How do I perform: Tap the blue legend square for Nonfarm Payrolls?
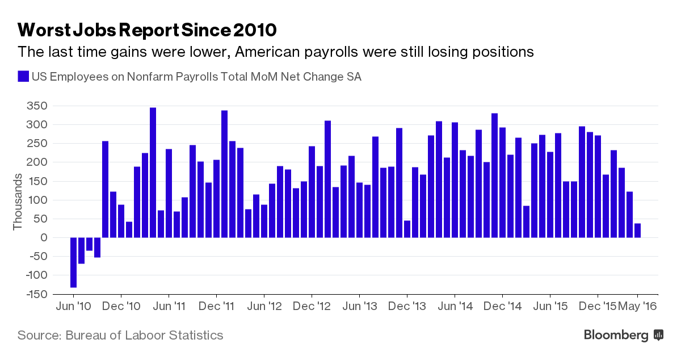(x=23, y=77)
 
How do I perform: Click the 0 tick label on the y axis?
(x=43, y=238)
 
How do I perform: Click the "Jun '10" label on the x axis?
(x=74, y=307)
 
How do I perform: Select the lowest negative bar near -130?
(x=74, y=262)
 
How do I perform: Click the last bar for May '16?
(x=638, y=231)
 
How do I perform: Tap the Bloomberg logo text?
(x=616, y=335)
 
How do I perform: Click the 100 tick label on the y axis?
(x=39, y=200)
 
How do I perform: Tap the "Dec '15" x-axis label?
(x=598, y=307)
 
